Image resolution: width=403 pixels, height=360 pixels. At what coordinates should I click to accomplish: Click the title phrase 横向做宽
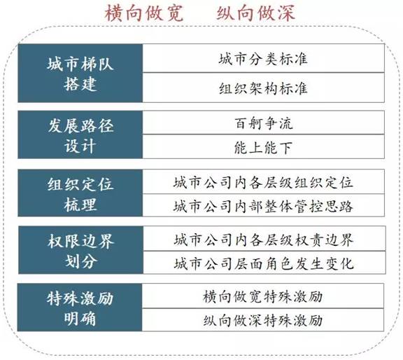[144, 13]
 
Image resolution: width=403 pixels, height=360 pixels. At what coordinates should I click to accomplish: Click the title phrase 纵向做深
[255, 13]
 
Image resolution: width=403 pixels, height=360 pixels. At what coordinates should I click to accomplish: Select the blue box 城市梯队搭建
[80, 74]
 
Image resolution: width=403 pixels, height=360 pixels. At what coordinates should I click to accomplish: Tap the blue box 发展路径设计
[80, 134]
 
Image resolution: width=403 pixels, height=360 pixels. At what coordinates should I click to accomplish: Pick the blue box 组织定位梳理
[80, 193]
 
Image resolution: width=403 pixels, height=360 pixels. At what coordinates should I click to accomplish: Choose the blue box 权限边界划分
[80, 250]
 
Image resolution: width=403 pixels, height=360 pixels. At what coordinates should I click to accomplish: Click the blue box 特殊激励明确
[80, 307]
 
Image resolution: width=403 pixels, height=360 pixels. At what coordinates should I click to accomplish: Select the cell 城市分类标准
[264, 58]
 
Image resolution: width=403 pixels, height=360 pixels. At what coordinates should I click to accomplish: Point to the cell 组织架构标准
[264, 88]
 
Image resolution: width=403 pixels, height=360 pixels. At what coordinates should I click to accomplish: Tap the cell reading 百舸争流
[264, 123]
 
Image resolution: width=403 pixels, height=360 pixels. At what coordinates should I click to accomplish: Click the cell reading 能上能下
[264, 146]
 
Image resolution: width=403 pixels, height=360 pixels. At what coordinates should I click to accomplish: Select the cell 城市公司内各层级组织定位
[264, 181]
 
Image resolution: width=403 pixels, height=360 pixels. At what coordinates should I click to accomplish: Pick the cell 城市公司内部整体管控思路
[264, 205]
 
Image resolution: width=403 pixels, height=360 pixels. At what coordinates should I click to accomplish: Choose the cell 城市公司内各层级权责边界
[264, 239]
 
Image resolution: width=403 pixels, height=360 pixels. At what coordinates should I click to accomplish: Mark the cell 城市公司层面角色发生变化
[264, 263]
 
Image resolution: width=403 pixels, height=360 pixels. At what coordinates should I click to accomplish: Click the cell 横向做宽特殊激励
[262, 296]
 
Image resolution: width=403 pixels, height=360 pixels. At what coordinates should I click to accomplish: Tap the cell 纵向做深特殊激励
[262, 320]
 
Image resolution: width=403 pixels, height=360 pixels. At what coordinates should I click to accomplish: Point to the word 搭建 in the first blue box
[80, 83]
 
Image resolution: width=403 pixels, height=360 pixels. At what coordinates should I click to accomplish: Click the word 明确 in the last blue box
[80, 318]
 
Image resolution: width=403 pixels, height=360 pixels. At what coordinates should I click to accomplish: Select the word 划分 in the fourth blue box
[80, 261]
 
